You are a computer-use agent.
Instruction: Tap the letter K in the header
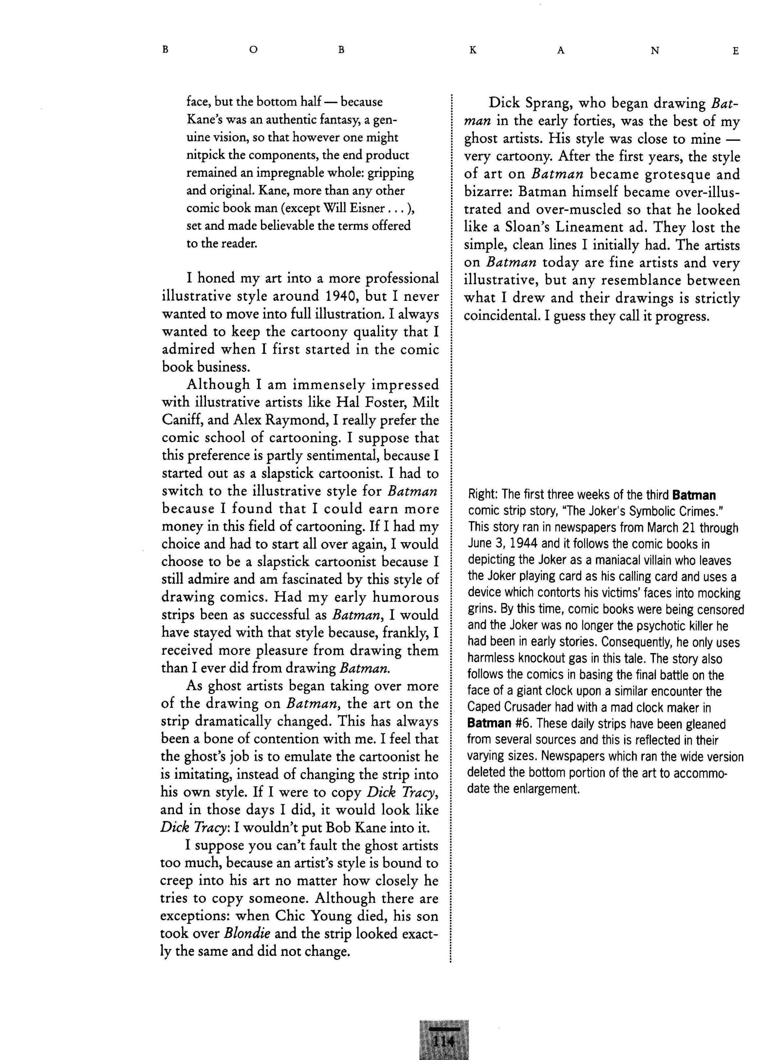[473, 50]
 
